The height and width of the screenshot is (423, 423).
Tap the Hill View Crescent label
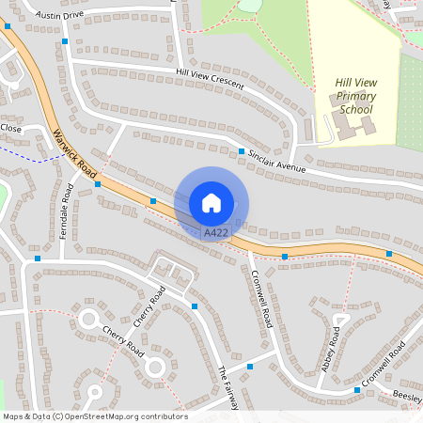point(209,78)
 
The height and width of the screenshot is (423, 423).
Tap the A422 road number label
point(216,231)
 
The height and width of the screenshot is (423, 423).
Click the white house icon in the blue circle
point(211,202)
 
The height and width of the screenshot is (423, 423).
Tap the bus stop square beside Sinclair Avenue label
point(242,151)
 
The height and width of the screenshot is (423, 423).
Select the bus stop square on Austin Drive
point(64,41)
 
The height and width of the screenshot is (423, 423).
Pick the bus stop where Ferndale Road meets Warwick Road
point(98,184)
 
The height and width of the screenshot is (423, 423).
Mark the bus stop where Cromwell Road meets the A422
point(284,256)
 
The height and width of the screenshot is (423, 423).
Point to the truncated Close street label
point(10,128)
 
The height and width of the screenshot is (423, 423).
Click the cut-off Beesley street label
point(406,396)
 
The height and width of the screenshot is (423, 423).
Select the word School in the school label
point(356,110)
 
